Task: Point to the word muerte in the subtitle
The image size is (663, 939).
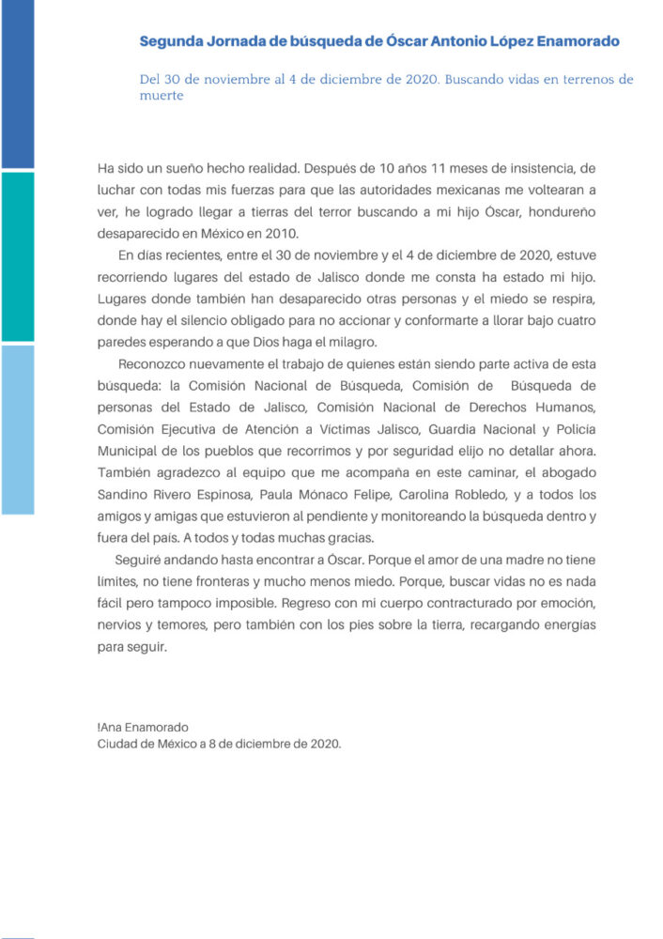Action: (161, 96)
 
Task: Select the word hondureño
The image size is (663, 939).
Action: (582, 213)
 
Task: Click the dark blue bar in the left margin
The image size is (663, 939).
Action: (17, 85)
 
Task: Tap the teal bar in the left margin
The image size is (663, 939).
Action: (17, 256)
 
